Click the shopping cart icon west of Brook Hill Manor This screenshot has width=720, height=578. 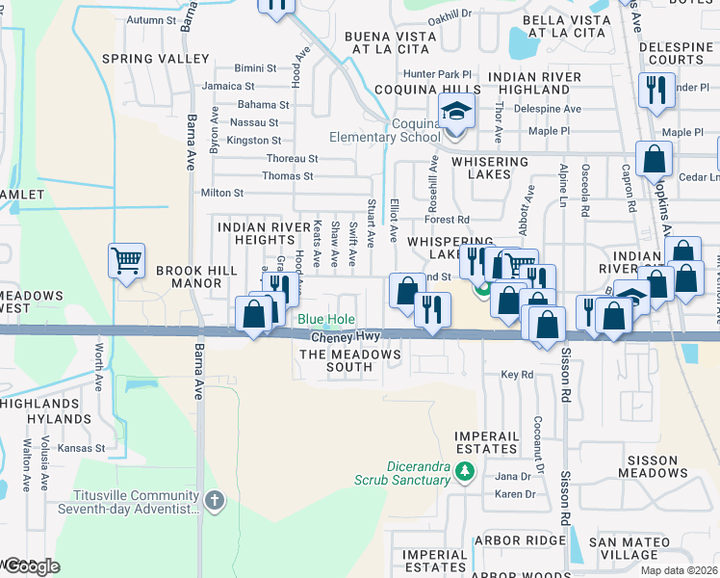coord(126,259)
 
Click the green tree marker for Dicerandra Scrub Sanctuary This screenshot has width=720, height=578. coord(465,472)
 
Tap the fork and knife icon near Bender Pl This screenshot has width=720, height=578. coord(657,90)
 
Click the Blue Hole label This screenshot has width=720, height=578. coord(325,320)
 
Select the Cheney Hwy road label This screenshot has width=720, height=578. coord(346,337)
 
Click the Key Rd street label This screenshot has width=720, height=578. coord(516,375)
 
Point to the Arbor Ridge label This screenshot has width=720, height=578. coord(524,541)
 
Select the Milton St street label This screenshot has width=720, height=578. coord(222,193)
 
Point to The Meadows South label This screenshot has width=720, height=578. coord(349,361)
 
